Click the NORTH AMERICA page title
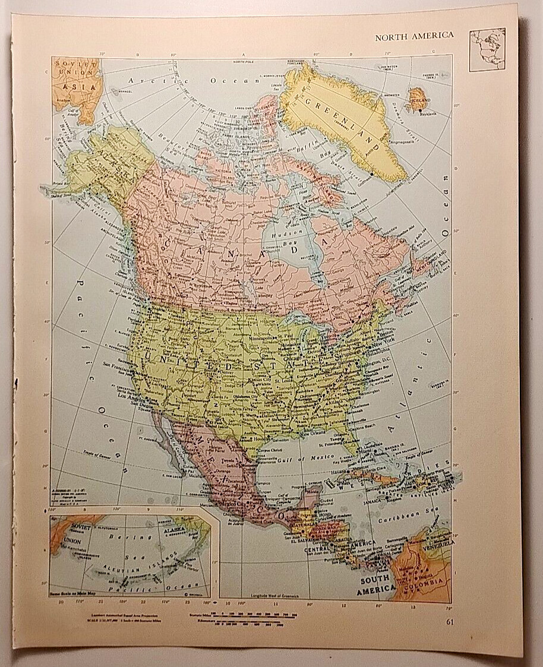pyautogui.click(x=413, y=35)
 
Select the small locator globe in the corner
pyautogui.click(x=487, y=49)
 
